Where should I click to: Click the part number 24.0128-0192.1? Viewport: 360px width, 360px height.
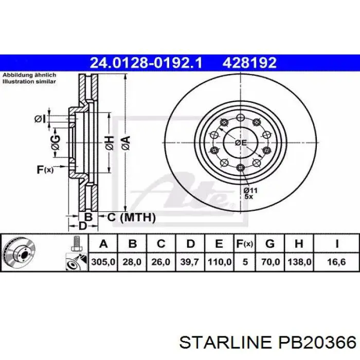pos(146,63)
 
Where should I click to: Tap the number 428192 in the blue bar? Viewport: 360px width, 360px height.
pos(249,63)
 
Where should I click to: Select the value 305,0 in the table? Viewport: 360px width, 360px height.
pos(103,262)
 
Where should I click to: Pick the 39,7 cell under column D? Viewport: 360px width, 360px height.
pos(190,262)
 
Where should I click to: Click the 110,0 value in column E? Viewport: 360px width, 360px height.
pos(219,262)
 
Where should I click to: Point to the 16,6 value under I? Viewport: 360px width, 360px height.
pos(336,262)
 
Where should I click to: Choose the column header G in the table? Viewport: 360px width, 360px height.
pos(270,244)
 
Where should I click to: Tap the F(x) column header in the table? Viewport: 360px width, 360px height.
pos(245,244)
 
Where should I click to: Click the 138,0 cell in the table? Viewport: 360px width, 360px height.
pos(299,262)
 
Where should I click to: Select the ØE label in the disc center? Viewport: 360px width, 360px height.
pos(240,143)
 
